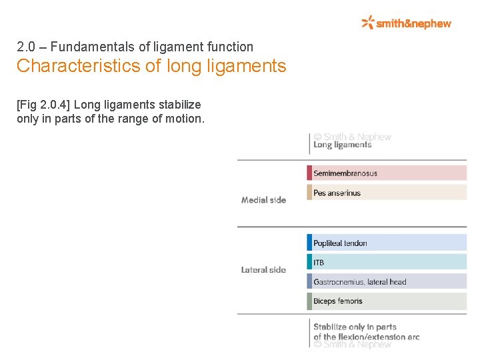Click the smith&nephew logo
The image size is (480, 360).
click(406, 23)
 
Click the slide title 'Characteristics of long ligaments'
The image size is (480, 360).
click(151, 67)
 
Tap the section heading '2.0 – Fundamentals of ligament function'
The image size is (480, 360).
click(135, 47)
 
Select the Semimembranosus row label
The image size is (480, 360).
click(345, 173)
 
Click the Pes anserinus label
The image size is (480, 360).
click(337, 193)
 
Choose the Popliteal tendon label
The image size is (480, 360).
click(340, 243)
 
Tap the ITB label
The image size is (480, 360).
click(319, 263)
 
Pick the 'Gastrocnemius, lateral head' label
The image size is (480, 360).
click(359, 282)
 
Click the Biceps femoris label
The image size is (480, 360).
click(338, 301)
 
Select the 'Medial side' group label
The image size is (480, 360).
click(263, 200)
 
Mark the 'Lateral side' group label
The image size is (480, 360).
click(263, 270)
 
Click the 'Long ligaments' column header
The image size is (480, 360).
click(342, 145)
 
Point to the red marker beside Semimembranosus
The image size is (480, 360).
click(309, 173)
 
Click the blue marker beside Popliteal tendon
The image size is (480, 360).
click(309, 243)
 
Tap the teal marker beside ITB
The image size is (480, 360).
click(309, 262)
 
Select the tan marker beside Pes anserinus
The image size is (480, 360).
click(309, 193)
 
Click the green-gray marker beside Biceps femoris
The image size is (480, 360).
click(309, 301)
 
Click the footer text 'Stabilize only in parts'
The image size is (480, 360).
click(355, 327)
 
